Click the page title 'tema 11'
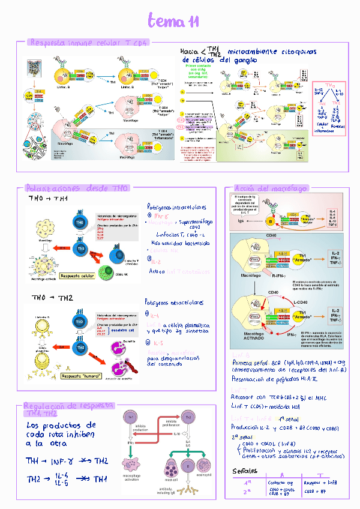click(x=173, y=22)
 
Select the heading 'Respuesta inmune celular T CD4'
click(x=88, y=43)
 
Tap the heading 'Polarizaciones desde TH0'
click(x=76, y=188)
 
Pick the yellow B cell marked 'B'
click(x=271, y=221)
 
